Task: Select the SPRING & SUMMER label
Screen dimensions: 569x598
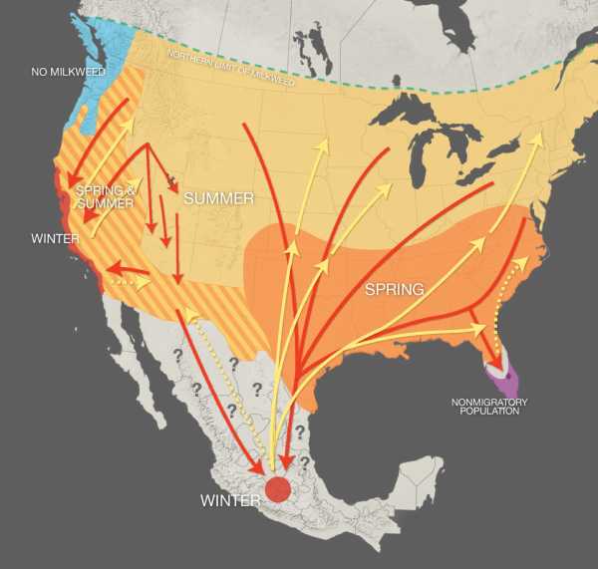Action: [100, 197]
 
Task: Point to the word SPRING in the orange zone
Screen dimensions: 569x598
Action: [395, 289]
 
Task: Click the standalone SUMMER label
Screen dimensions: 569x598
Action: [218, 198]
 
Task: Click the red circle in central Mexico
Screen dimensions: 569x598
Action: [277, 489]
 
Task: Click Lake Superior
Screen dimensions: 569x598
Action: [403, 105]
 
